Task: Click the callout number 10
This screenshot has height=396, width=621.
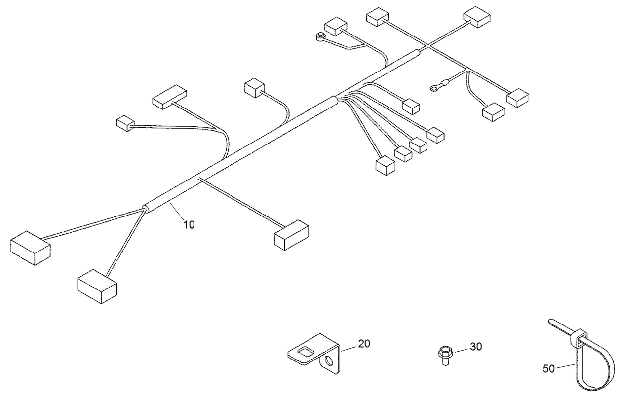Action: coord(189,224)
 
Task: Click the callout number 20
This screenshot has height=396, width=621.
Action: coord(364,344)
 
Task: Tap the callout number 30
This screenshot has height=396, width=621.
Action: coord(475,347)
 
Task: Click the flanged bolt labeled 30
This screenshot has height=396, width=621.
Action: coord(444,354)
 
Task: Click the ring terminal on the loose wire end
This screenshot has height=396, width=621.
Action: coord(434,88)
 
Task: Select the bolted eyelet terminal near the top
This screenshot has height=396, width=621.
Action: coord(320,36)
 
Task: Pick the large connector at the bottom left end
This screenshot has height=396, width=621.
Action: coord(97,286)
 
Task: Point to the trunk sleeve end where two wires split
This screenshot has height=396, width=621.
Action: coord(146,208)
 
